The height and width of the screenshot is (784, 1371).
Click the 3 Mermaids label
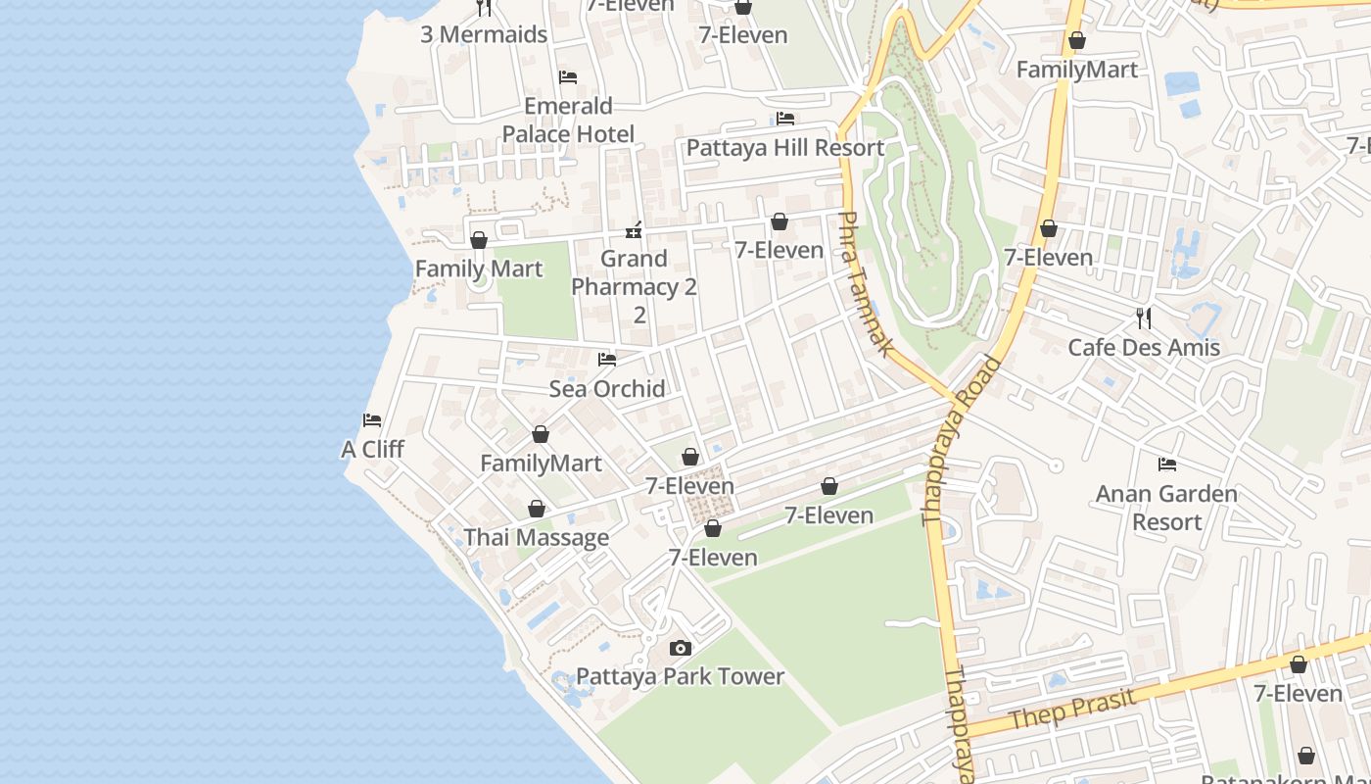484,34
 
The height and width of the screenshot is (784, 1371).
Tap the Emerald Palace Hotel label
568,120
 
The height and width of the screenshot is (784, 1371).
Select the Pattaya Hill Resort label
784,148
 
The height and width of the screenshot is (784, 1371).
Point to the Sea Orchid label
607,389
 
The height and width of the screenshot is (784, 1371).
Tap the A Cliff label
372,450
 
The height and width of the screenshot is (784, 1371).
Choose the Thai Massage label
536,538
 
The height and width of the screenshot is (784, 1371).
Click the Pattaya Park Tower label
680,677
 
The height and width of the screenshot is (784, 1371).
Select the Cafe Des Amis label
1144,348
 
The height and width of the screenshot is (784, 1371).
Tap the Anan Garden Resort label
1166,508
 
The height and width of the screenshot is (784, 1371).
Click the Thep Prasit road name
1072,709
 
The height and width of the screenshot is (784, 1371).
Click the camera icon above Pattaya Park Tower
680,648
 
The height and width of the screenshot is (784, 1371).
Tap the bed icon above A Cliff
372,420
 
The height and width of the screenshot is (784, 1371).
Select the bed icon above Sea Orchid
607,360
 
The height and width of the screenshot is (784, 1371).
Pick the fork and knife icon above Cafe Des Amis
1144,318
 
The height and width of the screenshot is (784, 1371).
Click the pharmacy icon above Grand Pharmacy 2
635,230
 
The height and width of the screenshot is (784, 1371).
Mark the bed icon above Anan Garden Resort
1166,465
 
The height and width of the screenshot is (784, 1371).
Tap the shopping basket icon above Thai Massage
536,509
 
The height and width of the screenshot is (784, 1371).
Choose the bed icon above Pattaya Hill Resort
784,119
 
